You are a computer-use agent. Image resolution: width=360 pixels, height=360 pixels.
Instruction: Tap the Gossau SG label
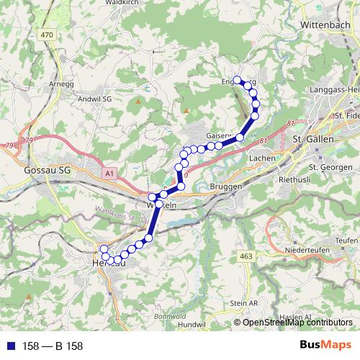pyautogui.click(x=47, y=171)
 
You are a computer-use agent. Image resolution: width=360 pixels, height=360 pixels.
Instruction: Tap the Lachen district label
pyautogui.click(x=258, y=158)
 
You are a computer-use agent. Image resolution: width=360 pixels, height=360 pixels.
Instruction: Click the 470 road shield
pyautogui.click(x=48, y=34)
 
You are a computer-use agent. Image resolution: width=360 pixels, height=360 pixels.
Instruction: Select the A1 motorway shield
pyautogui.click(x=109, y=174)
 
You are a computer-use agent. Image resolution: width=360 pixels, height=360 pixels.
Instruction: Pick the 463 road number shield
pyautogui.click(x=247, y=256)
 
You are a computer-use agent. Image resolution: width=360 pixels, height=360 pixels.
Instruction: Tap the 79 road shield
pyautogui.click(x=29, y=140)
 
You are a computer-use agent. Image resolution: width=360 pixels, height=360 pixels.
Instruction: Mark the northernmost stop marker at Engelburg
pyautogui.click(x=237, y=79)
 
